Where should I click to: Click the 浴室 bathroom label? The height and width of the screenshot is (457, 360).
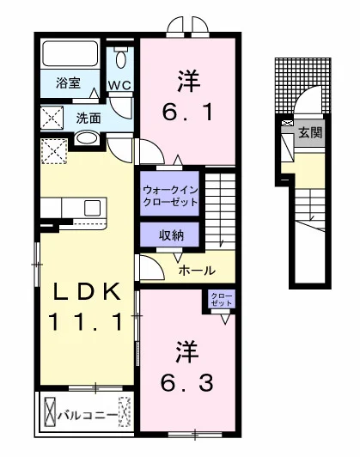pos(68,83)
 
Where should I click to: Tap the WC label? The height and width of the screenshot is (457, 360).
pos(119,86)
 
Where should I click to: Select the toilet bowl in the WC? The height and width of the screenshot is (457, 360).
pos(120,59)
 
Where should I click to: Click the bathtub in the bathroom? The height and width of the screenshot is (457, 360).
pos(70,53)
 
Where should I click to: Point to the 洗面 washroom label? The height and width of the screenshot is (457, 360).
pos(88,119)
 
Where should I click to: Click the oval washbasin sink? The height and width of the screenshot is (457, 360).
pos(86,138)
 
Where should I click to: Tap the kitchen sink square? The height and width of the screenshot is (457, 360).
pos(92,208)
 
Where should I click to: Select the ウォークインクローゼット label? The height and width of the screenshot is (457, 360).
pos(170,196)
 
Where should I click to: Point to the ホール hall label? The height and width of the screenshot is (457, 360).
pos(197,271)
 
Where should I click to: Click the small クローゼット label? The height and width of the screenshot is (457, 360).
pos(222,299)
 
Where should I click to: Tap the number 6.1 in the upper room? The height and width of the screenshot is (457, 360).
pos(187,113)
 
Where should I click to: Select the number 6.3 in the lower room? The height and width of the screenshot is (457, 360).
pos(187,382)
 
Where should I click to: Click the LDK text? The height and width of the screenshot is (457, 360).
pos(87,291)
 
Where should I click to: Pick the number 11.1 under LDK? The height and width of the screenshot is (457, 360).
pos(87,321)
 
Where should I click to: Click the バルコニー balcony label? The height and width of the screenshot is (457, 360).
pos(87,415)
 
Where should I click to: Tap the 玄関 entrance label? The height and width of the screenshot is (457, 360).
pos(310,133)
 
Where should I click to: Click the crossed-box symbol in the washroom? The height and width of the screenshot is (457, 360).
pos(52,118)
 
